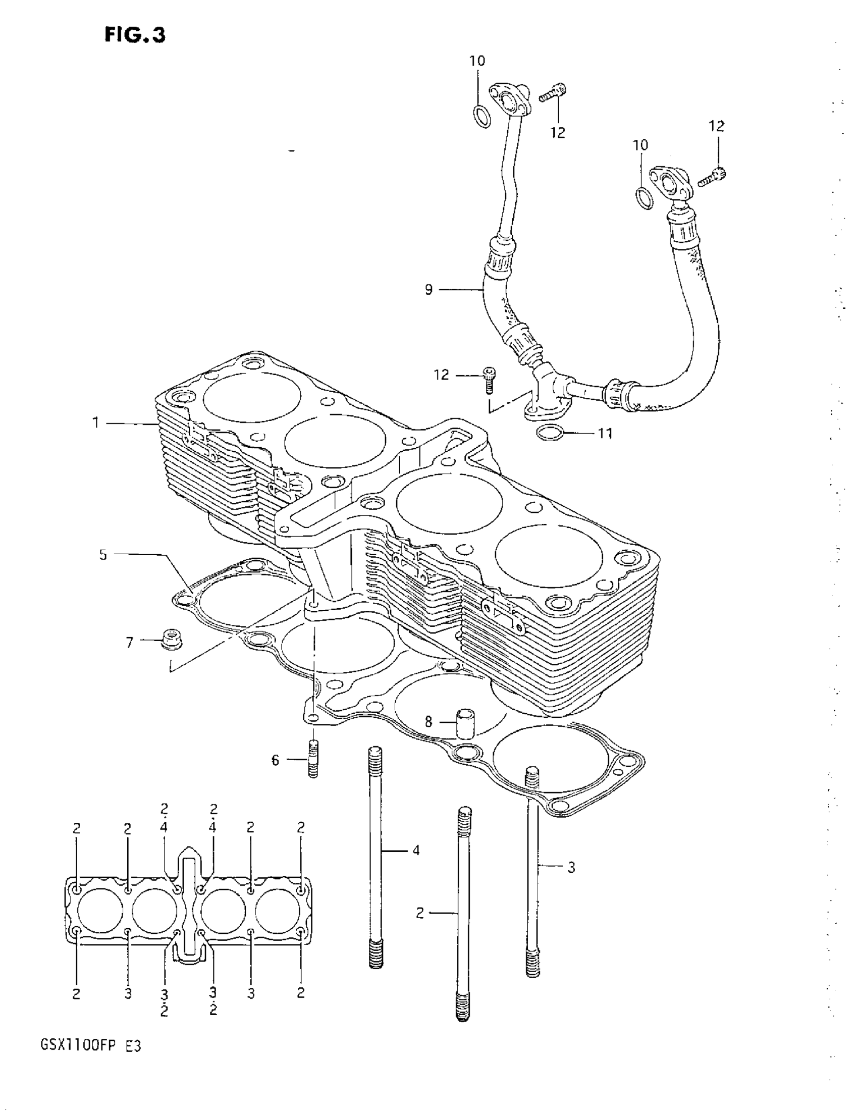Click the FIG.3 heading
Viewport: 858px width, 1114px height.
tap(135, 35)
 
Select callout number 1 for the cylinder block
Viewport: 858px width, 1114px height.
tap(95, 423)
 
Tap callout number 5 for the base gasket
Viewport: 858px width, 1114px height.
tap(103, 554)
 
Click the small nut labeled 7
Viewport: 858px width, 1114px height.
tap(171, 640)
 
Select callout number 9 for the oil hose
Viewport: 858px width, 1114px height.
tap(428, 290)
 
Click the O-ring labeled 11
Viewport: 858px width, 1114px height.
tap(550, 433)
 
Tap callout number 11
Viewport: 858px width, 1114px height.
tap(605, 433)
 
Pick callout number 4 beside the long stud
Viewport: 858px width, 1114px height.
tap(416, 850)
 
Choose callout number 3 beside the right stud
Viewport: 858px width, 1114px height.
tap(571, 867)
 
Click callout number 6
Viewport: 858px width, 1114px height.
tap(276, 761)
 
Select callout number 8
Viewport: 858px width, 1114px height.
tap(428, 721)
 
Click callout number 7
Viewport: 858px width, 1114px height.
tap(130, 643)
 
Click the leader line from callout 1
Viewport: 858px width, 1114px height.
tap(130, 423)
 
